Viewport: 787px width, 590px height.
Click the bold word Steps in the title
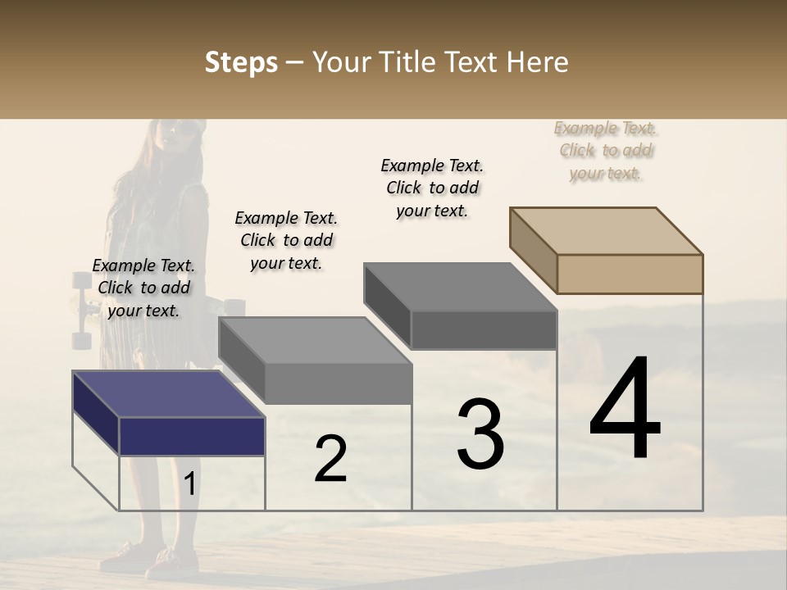241,62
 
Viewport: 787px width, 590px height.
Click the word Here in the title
538,62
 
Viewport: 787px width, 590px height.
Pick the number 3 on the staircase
480,434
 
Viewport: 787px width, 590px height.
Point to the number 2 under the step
330,459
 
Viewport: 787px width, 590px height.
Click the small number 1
190,483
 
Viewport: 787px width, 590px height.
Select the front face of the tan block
630,274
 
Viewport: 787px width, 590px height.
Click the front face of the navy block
192,436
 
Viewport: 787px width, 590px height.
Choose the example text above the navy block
143,288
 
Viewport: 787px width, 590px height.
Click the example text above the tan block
606,151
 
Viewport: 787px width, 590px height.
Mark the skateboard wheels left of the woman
81,311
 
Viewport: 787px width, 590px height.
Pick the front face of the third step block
484,330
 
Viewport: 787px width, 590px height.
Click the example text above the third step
432,188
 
